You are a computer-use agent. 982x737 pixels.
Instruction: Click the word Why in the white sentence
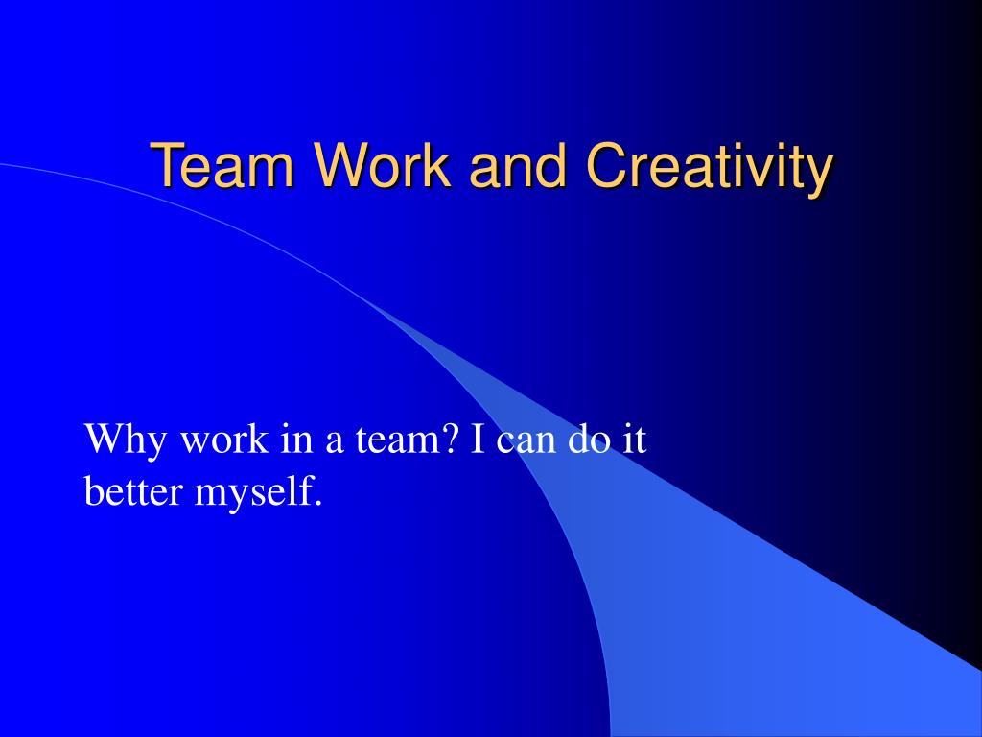coord(122,441)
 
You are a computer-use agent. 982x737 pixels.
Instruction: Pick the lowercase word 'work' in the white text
coord(224,441)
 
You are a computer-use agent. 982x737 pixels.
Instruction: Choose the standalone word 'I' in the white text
coord(476,441)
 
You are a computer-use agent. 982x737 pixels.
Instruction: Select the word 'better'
coord(134,491)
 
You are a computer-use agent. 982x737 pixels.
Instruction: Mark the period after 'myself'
coord(316,503)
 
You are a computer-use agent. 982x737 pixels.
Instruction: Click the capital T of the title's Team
coord(168,166)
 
